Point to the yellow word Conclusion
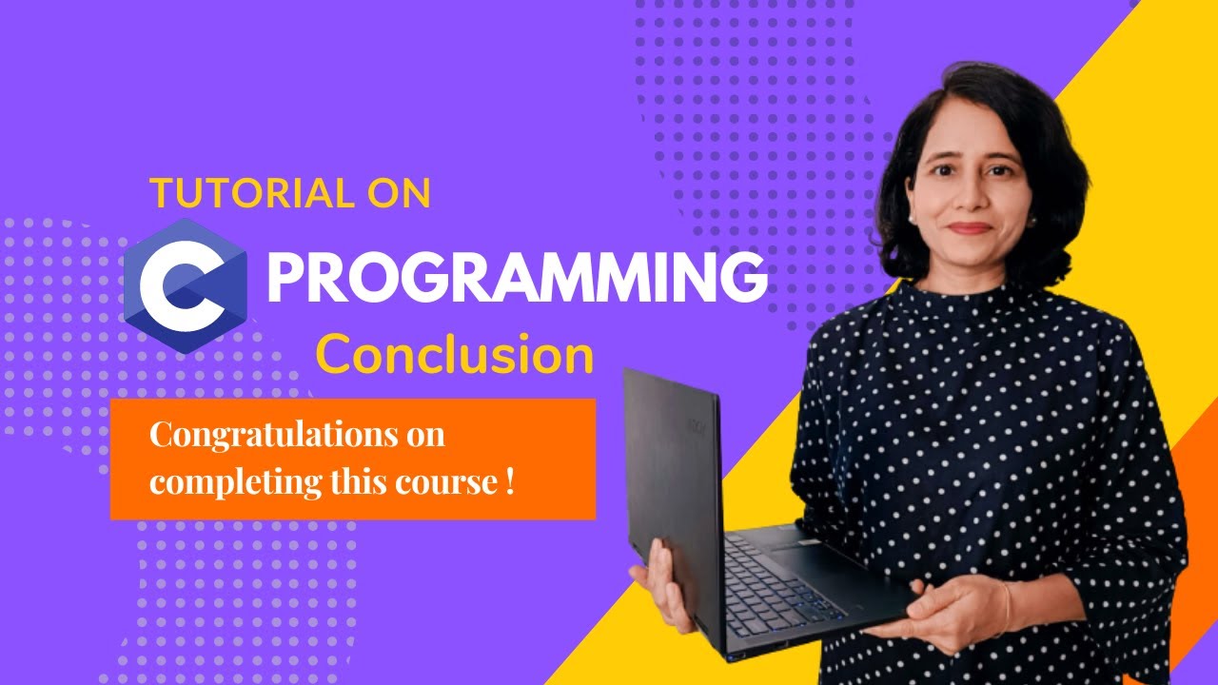(455, 356)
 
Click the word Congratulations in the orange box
(267, 436)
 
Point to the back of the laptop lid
(671, 476)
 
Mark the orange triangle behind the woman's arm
(1194, 533)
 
